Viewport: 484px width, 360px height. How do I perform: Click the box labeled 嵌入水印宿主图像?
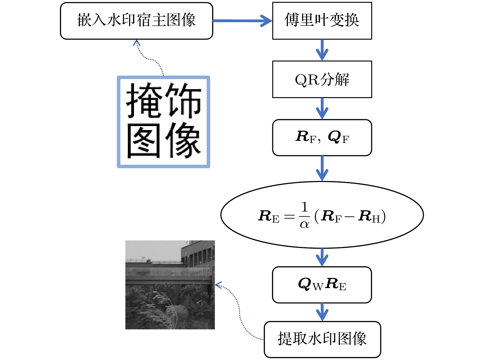136,21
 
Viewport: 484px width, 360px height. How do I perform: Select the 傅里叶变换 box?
322,21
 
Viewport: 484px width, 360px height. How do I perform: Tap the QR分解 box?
322,79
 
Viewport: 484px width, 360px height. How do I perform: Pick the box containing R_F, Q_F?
322,137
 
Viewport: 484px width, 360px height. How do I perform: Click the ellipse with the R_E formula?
322,215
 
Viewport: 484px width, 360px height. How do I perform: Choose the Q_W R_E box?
322,285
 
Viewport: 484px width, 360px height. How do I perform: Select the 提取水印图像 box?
322,339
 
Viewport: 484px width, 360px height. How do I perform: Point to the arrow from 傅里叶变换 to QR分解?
322,50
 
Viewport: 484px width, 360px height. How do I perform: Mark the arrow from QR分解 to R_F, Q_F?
322,109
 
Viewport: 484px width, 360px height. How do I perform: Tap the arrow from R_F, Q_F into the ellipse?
322,168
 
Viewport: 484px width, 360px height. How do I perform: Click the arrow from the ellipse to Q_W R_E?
322,257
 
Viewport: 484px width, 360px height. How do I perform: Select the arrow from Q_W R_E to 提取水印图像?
322,312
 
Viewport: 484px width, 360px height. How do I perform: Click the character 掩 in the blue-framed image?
144,101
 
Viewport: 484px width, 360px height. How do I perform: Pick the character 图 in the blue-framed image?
144,141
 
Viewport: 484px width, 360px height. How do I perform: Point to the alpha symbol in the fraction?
304,224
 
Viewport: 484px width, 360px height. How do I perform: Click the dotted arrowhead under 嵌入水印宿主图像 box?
137,43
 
